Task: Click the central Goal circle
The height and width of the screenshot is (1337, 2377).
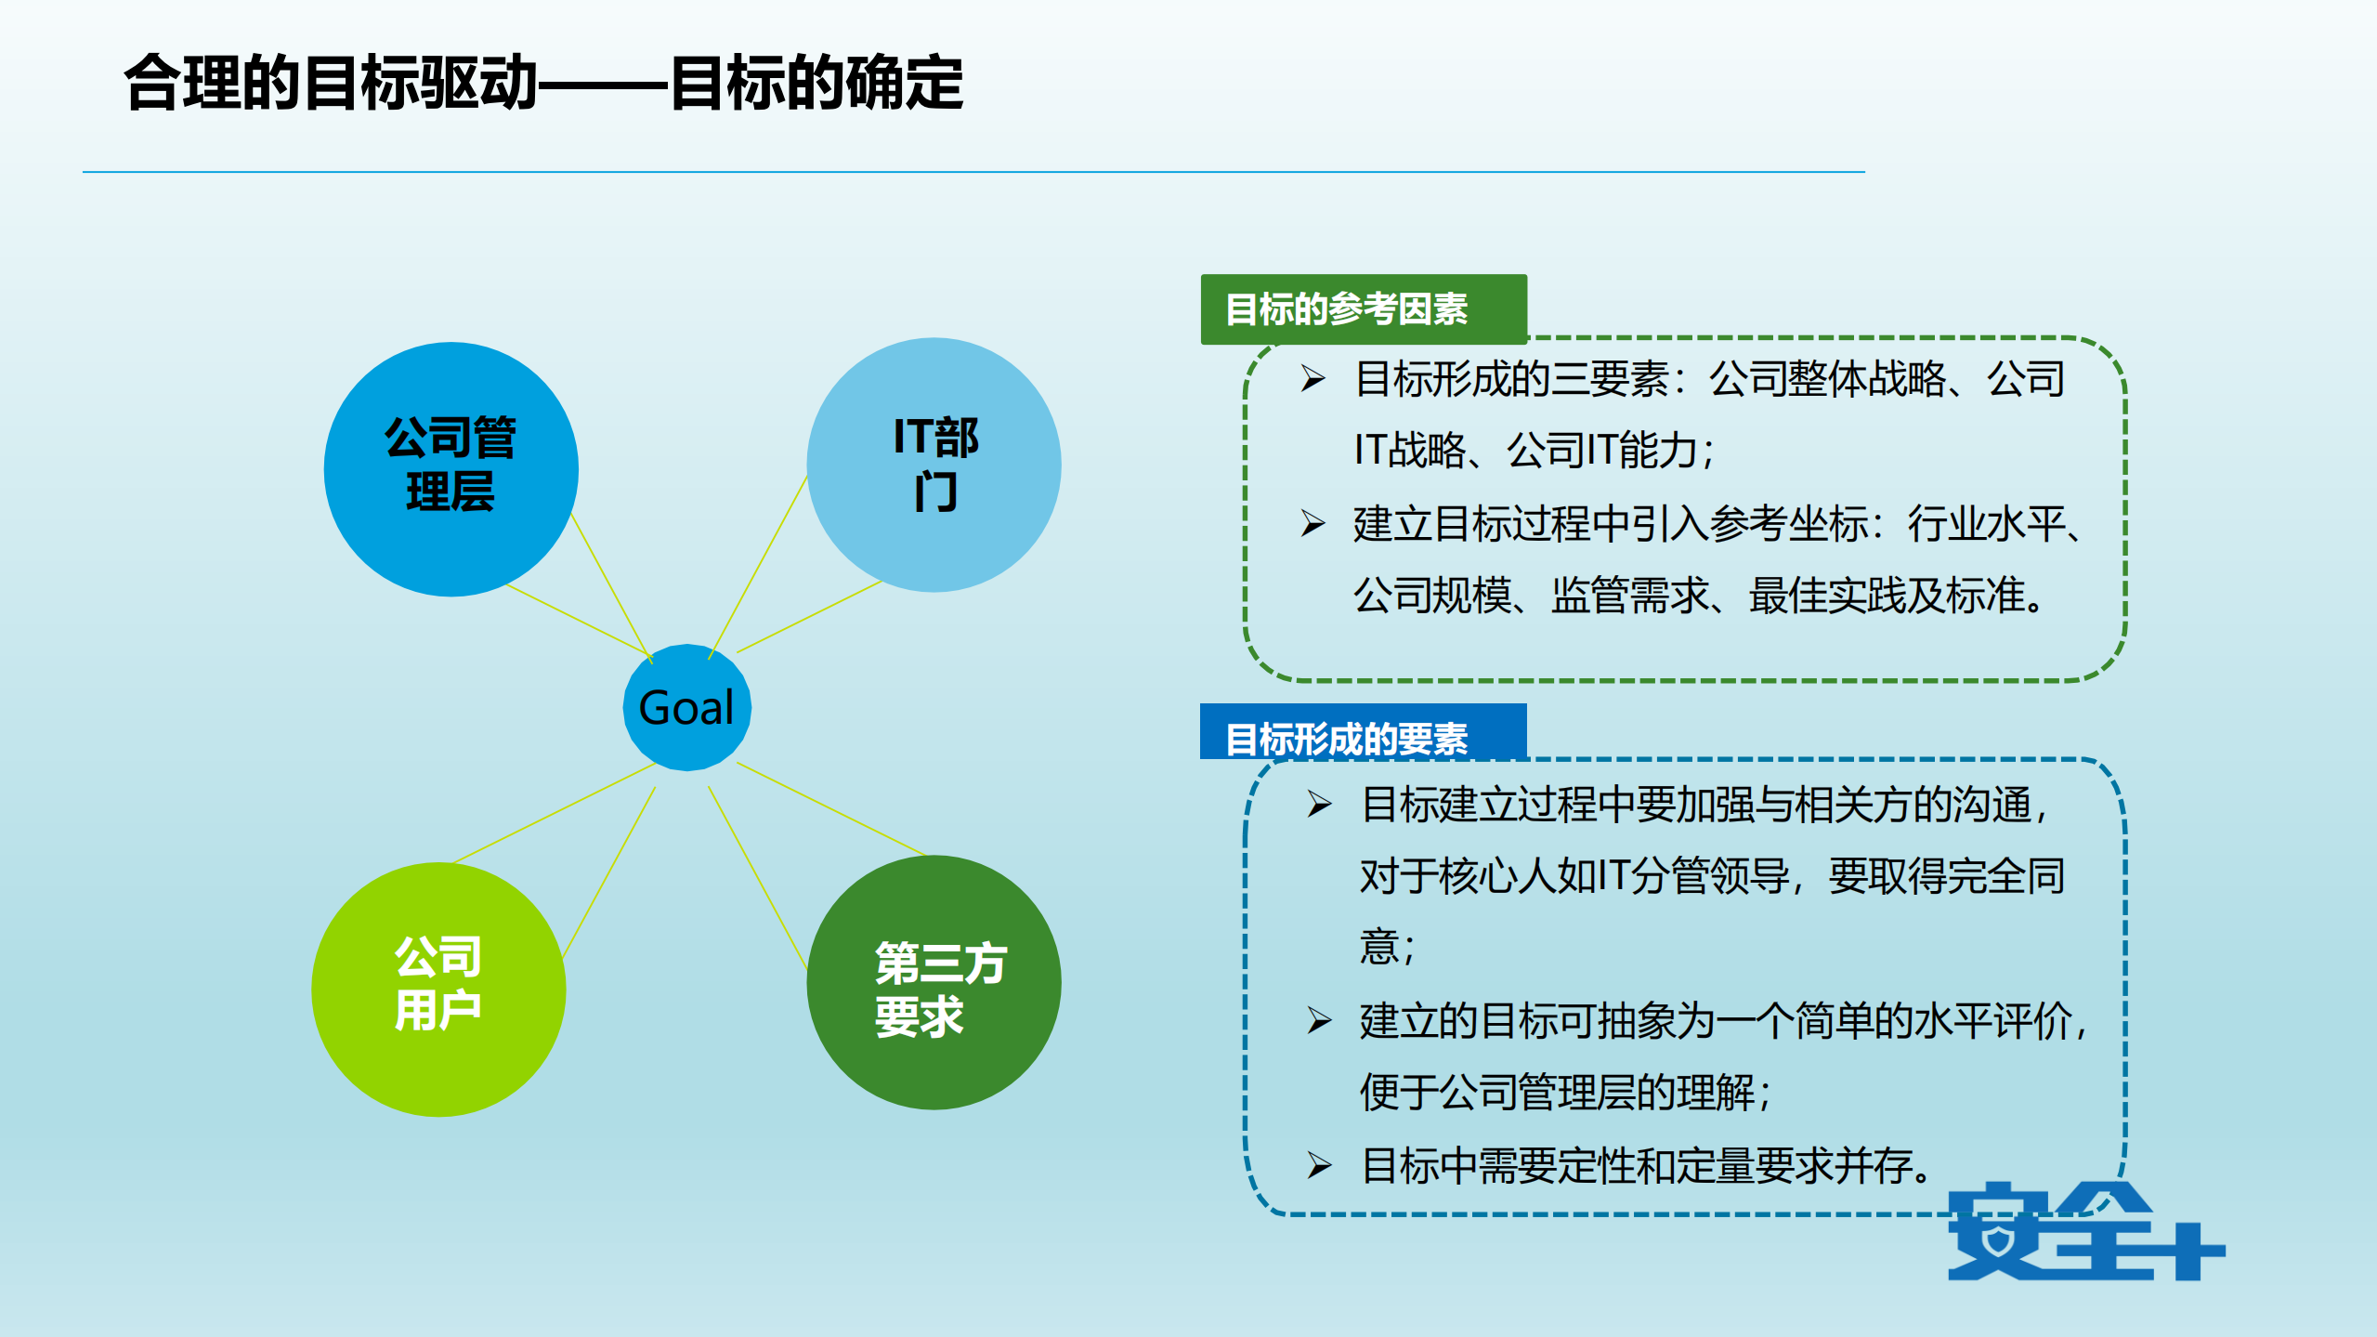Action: point(686,707)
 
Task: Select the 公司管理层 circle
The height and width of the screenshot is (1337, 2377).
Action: point(451,469)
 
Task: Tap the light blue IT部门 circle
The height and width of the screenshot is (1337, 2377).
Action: point(934,465)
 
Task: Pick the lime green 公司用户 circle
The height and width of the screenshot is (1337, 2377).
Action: point(438,989)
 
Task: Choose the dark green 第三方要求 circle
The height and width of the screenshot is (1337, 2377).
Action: point(934,982)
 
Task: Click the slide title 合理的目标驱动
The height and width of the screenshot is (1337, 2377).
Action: point(331,84)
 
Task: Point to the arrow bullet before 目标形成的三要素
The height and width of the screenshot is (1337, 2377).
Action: point(1313,378)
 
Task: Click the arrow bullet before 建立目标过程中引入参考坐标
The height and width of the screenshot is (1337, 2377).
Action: point(1313,523)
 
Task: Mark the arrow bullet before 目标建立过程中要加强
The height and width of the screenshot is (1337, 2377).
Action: point(1319,804)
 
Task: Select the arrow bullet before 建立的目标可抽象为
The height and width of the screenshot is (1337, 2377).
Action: point(1319,1020)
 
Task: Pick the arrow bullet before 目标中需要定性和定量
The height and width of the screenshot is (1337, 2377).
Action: point(1319,1165)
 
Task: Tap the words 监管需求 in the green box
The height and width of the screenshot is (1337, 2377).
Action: point(1629,596)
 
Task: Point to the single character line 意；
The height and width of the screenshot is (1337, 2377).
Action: point(1387,948)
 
